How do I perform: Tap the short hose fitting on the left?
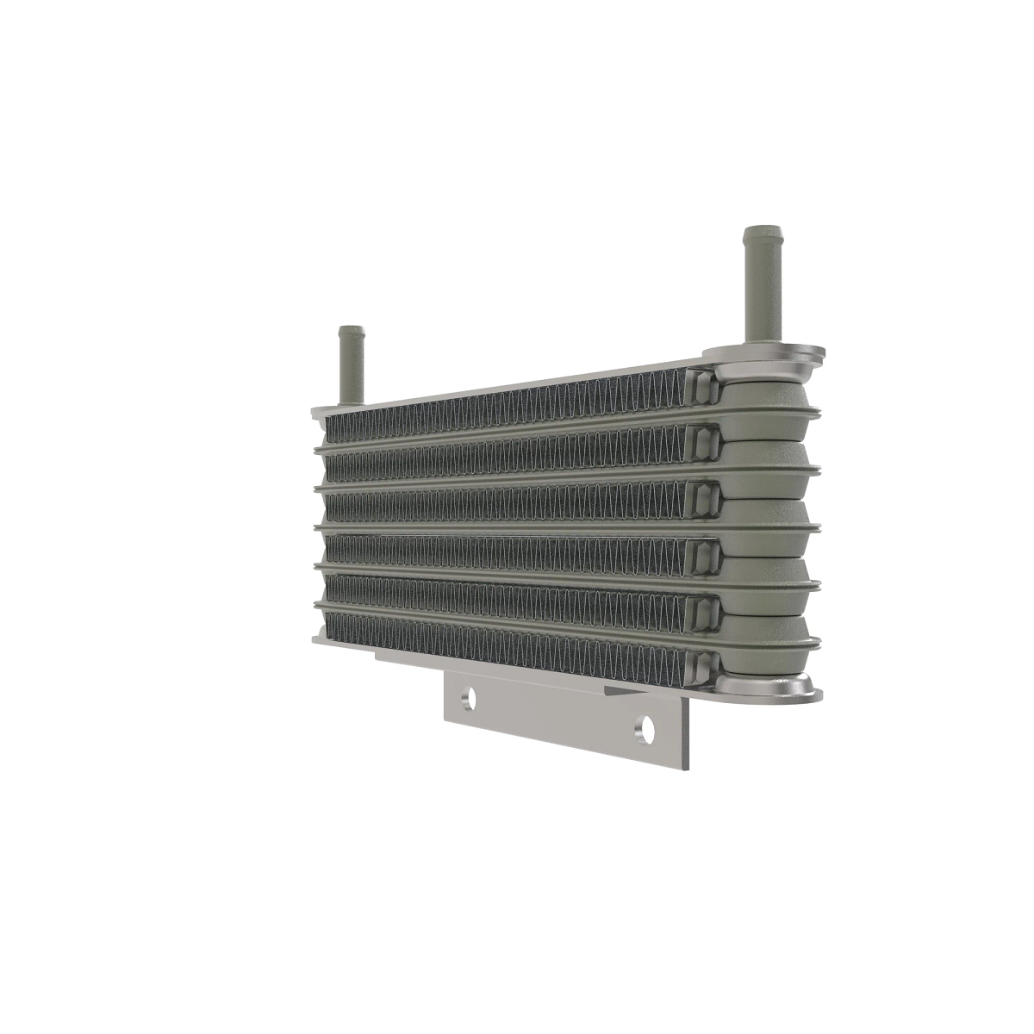tap(351, 366)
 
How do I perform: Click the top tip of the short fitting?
tap(350, 329)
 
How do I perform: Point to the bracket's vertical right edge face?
tap(685, 732)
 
